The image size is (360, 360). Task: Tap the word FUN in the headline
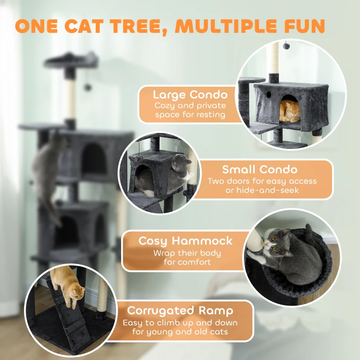point(302,26)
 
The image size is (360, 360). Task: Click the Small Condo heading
point(260,170)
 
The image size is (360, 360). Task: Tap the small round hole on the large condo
point(268,95)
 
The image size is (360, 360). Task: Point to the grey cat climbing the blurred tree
point(45,171)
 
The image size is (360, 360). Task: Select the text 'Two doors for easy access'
point(262,181)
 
